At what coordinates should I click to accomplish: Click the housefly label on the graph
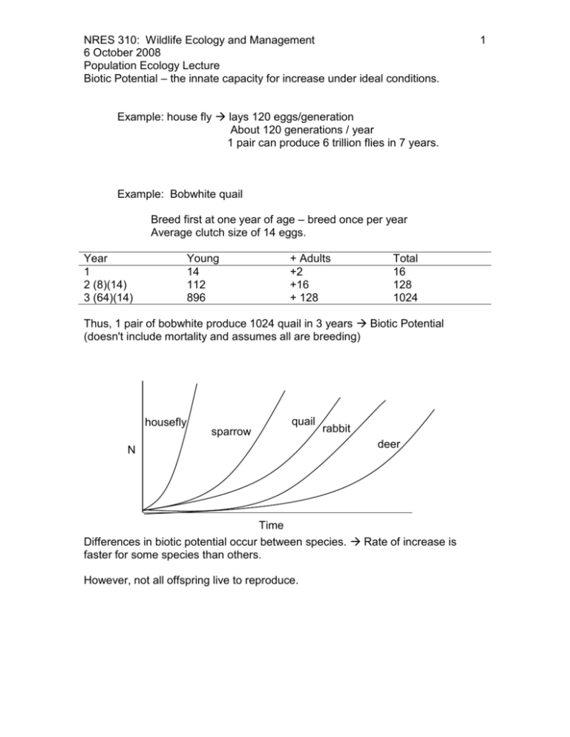[x=167, y=421]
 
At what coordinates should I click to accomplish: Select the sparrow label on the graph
[x=232, y=431]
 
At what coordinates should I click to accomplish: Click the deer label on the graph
[x=389, y=444]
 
